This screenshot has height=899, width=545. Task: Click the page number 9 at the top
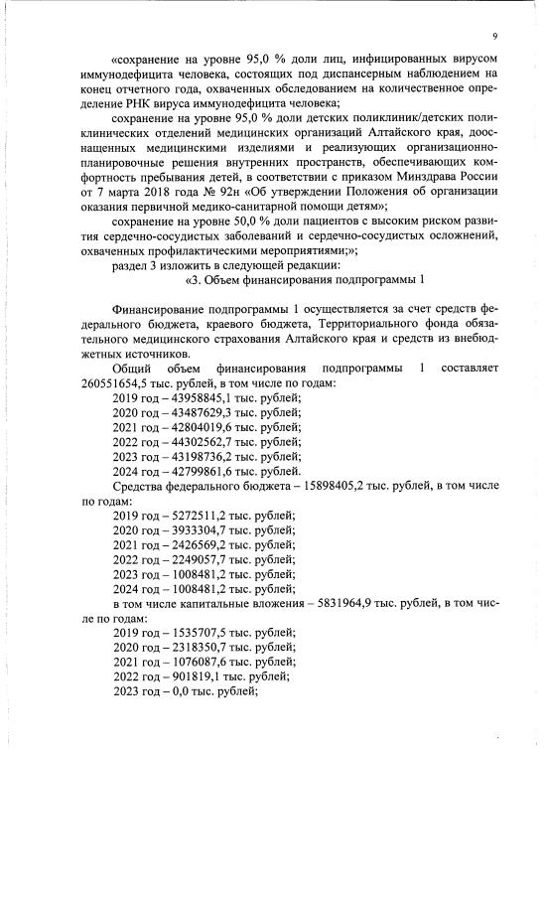[493, 37]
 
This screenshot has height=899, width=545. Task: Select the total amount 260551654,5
[117, 383]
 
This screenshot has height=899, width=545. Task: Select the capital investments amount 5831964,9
[341, 603]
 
